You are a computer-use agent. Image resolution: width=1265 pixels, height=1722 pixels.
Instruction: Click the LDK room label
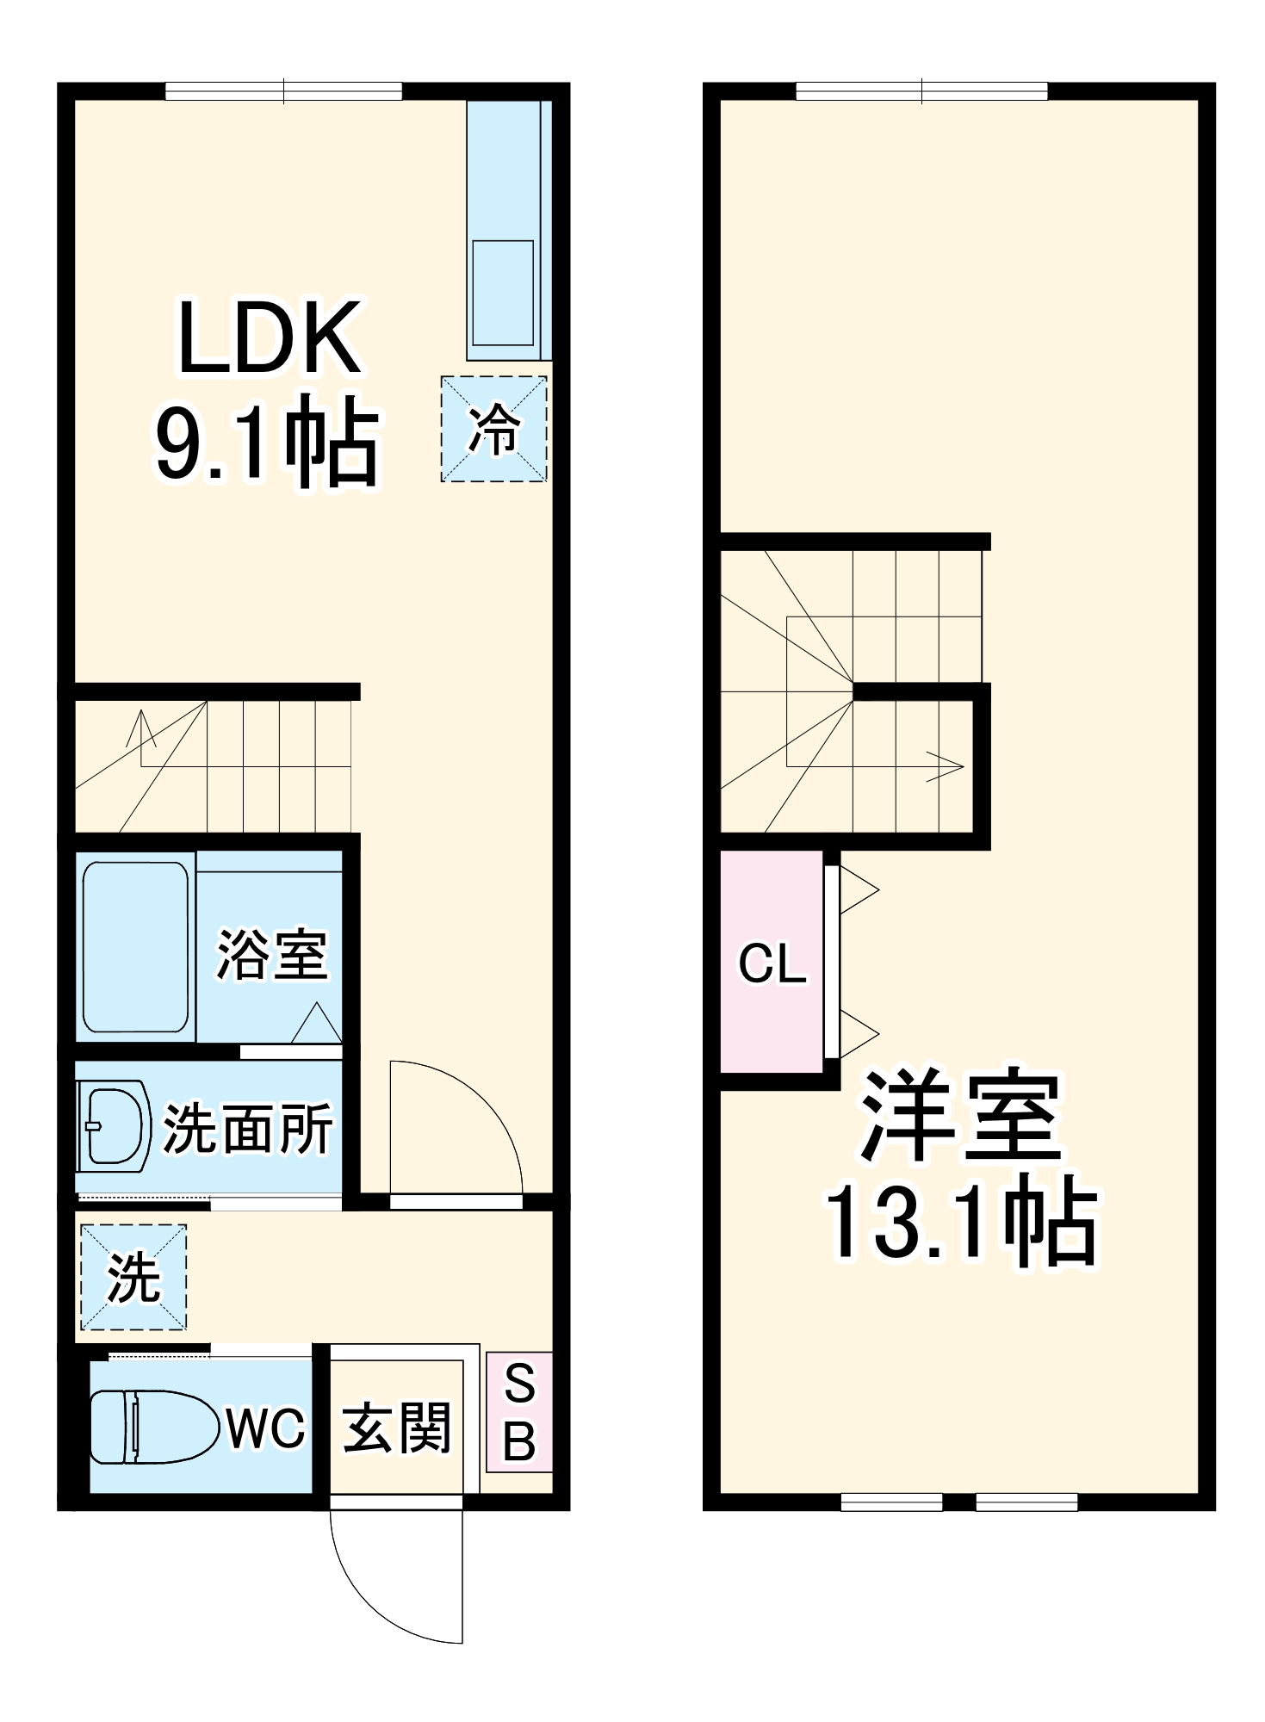click(269, 339)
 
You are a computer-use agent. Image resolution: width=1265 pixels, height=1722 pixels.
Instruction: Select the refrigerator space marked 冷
click(493, 429)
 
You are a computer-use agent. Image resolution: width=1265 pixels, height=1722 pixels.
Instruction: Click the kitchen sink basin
click(502, 293)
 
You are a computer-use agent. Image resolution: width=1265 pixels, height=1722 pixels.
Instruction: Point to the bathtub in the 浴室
click(135, 945)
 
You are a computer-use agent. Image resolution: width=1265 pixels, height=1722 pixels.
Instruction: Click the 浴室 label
click(272, 954)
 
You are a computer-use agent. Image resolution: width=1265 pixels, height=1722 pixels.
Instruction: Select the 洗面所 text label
click(247, 1129)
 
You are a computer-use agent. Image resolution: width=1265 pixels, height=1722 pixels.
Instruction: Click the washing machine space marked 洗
click(133, 1277)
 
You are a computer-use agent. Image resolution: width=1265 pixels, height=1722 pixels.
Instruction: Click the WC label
click(266, 1428)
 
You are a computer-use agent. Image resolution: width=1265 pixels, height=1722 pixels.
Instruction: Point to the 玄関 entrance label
click(396, 1428)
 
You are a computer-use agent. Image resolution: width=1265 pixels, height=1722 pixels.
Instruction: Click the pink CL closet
click(772, 963)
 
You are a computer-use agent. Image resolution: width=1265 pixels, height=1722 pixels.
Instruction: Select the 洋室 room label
click(960, 1117)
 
